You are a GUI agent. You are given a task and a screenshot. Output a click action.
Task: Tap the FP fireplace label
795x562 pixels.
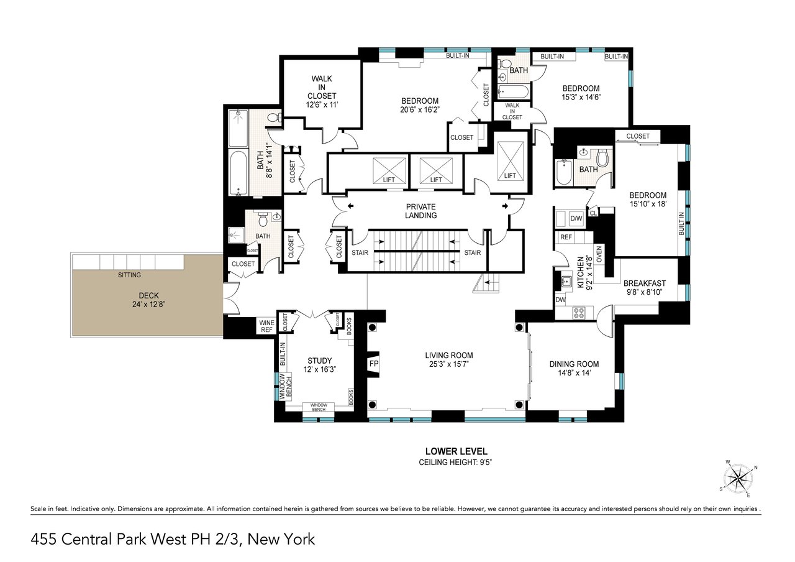(x=374, y=363)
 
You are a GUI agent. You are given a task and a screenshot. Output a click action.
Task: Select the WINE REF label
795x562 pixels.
(x=265, y=325)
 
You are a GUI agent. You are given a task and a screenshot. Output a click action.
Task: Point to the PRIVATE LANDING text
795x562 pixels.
(x=420, y=211)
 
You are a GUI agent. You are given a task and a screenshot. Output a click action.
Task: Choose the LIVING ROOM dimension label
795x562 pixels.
(x=447, y=360)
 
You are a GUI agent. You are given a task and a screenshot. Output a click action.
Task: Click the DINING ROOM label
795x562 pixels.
(x=574, y=369)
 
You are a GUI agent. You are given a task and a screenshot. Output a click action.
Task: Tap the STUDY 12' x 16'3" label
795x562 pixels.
(x=319, y=365)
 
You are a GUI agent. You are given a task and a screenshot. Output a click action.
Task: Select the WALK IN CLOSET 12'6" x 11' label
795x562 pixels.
(x=322, y=91)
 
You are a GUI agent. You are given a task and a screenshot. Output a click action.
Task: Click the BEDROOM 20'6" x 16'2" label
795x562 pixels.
(x=420, y=106)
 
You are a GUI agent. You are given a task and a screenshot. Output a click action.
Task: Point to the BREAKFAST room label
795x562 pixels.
(x=644, y=287)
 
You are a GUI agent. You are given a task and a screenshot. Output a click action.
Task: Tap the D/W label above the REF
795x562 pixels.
(x=576, y=218)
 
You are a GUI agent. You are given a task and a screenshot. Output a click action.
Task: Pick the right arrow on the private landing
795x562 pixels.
(x=504, y=206)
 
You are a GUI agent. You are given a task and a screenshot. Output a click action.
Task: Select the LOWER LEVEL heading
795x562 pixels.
(x=456, y=451)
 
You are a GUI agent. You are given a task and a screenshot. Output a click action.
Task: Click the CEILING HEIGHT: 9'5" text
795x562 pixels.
(x=456, y=463)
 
